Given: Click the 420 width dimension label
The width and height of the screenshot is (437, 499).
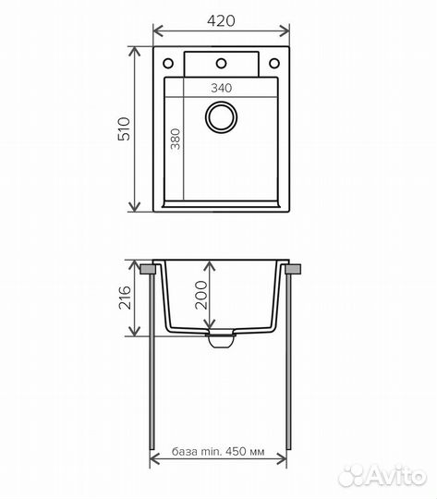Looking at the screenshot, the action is (221, 20).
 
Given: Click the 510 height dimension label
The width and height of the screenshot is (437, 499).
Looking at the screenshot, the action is (124, 128).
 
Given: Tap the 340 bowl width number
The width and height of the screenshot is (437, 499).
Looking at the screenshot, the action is (222, 88).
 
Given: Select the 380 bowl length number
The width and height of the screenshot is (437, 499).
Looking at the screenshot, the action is (176, 139).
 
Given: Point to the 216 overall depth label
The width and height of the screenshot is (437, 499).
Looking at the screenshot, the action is (125, 298).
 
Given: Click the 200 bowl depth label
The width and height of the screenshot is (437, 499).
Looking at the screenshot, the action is (201, 295).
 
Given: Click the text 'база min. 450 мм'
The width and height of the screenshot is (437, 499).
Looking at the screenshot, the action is (218, 451).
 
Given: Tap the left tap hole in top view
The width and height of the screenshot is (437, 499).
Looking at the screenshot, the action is (168, 64).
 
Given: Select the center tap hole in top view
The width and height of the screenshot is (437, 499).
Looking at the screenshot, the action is (221, 64).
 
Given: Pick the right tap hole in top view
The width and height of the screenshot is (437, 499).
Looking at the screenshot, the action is (274, 64).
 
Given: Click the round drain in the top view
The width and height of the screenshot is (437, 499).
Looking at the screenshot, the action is (221, 116).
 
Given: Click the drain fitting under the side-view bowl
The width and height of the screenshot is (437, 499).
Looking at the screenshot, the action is (221, 339).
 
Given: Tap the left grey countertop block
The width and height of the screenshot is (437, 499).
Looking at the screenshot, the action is (148, 269).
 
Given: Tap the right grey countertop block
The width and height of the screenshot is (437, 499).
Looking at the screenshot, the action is (293, 269).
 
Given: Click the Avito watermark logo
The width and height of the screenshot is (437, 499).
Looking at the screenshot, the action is (382, 476).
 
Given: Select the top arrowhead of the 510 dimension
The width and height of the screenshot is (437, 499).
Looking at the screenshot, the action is (134, 52).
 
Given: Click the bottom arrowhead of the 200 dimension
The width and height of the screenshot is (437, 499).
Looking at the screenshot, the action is (209, 323).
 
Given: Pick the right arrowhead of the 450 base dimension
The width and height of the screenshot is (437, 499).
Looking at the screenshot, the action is (282, 459).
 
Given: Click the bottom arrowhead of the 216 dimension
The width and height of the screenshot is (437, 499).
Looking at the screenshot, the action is (134, 331).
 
